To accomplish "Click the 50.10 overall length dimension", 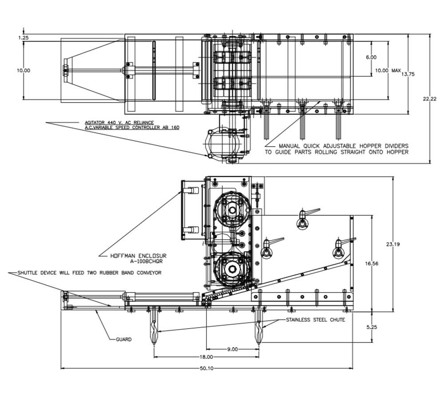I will (x=207, y=368).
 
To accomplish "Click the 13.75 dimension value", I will (x=408, y=74).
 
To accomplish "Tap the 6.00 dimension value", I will (x=371, y=57).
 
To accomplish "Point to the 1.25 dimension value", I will (x=24, y=38).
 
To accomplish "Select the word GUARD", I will (x=123, y=340).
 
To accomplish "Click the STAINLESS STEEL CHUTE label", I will (x=315, y=320).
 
